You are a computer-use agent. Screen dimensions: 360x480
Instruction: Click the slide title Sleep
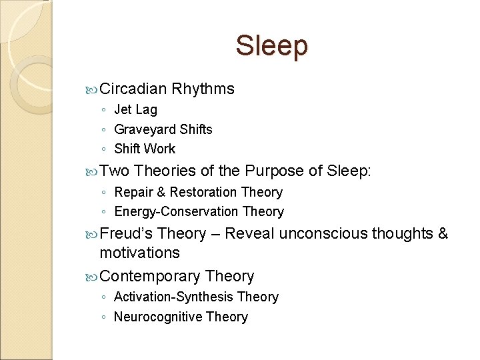point(271,46)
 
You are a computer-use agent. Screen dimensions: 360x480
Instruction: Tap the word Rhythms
point(203,89)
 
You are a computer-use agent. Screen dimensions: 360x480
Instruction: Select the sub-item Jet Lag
point(135,109)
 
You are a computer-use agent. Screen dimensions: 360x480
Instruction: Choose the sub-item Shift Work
point(145,149)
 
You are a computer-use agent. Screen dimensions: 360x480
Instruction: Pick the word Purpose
point(275,171)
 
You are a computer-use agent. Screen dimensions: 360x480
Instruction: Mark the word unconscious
point(323,233)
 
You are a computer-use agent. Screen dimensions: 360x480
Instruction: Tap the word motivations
point(139,253)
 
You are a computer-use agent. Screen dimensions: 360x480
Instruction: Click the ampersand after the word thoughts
point(443,233)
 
